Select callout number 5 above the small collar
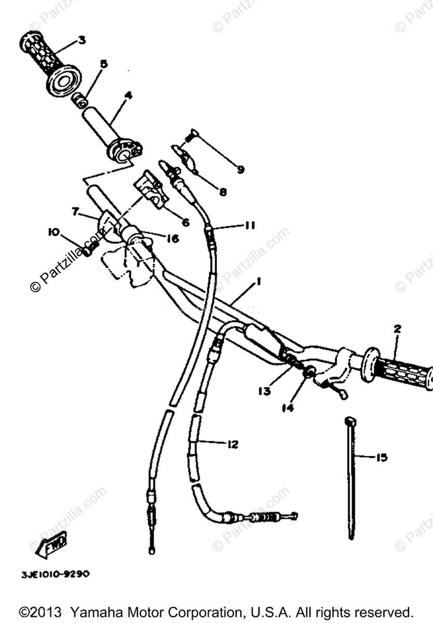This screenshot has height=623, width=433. pos(103,64)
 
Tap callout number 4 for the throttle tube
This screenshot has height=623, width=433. pos(128,96)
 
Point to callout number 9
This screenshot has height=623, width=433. pos(240,169)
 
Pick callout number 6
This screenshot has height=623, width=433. pos(185,222)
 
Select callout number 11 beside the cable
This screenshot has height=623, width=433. pos(250,225)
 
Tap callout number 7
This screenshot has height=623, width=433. pos(76,211)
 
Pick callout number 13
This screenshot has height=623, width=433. pos(265,390)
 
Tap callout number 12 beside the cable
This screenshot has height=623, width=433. pos(232,444)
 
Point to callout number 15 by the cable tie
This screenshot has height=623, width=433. pos(382,457)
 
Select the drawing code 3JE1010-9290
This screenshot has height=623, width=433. pos(56,574)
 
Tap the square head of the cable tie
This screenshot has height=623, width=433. pos(351,419)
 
